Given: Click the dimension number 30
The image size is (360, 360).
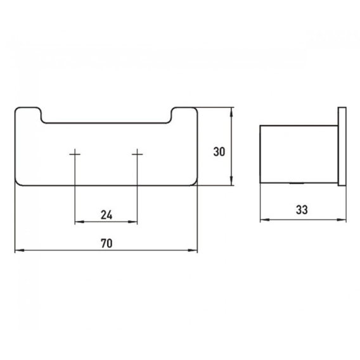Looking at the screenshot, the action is [x=219, y=152].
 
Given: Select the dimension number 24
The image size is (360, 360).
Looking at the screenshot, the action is [x=106, y=215].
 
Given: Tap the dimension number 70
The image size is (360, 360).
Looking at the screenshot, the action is [x=106, y=243].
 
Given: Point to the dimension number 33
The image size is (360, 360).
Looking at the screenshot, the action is [x=302, y=210].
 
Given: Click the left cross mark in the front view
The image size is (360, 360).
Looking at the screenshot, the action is [x=75, y=154].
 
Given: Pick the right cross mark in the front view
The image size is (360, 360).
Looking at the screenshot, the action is [x=138, y=154].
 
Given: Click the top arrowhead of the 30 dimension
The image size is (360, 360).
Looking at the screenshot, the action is [x=231, y=112].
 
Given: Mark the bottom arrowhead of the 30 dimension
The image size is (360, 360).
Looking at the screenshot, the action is [x=231, y=181].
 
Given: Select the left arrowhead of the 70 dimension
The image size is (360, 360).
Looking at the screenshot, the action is [x=20, y=250].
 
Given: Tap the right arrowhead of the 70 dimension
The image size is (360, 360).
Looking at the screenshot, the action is [x=193, y=250].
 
